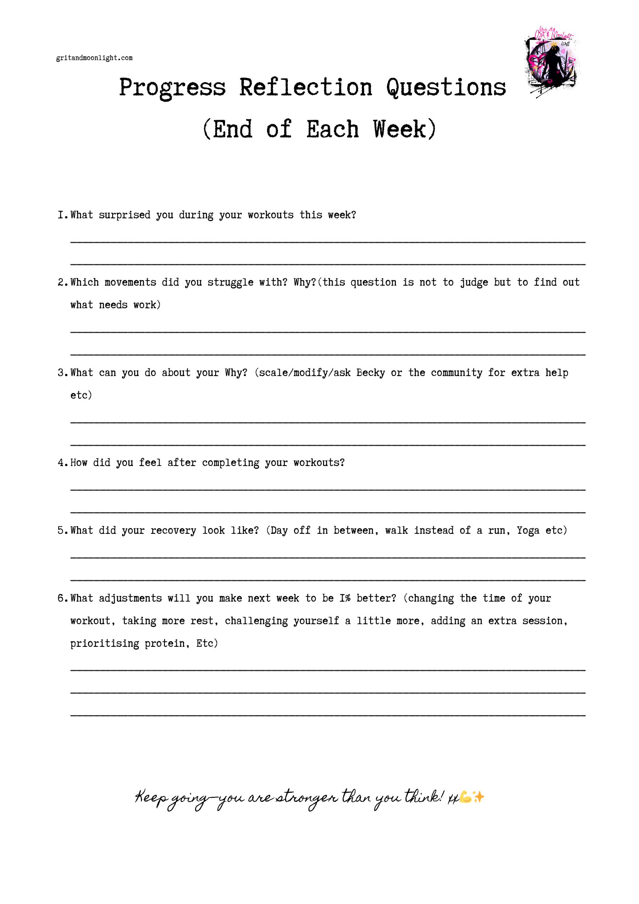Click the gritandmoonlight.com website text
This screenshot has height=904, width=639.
pyautogui.click(x=94, y=58)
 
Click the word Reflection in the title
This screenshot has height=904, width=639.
pyautogui.click(x=305, y=87)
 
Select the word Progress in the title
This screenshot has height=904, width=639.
pyautogui.click(x=172, y=87)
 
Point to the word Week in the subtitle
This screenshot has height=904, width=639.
pyautogui.click(x=399, y=129)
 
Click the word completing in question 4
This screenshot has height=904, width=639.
pyautogui.click(x=230, y=463)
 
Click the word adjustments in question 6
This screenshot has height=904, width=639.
pyautogui.click(x=130, y=598)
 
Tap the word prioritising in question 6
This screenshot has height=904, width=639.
pyautogui.click(x=104, y=644)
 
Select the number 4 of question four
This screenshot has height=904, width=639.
pyautogui.click(x=61, y=463)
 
